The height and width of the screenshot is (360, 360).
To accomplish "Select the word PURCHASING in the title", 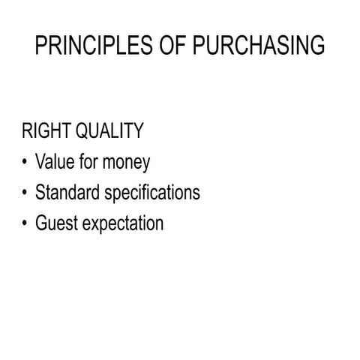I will [x=259, y=46].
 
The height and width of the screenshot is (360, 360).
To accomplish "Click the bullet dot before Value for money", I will [x=25, y=162].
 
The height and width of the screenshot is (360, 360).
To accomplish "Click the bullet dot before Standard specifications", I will [x=25, y=193].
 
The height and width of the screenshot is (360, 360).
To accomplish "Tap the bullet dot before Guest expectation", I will [x=25, y=223].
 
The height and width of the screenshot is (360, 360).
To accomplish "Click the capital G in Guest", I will [x=40, y=223].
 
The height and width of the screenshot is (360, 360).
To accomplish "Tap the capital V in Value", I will [x=40, y=162].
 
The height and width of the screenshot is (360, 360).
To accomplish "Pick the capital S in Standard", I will [x=40, y=193].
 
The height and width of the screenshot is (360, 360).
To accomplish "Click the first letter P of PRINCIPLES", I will [x=42, y=46].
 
